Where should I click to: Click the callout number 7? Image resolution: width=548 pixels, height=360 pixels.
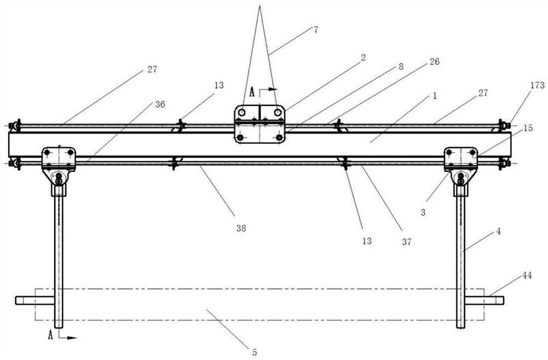316,29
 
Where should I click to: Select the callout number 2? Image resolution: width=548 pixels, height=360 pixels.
363,57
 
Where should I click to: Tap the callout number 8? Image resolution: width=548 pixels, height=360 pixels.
401,66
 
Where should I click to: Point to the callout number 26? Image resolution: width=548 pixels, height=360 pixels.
434,62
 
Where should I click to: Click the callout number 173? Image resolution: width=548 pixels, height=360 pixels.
537,85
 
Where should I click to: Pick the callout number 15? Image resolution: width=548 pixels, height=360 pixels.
527,128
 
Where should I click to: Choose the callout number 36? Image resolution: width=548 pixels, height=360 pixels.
160,104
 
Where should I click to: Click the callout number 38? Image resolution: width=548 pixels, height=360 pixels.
241,228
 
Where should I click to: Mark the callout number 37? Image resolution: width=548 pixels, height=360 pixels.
406,242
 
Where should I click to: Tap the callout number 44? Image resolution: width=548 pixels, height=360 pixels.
527,275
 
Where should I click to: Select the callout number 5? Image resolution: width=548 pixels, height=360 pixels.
254,352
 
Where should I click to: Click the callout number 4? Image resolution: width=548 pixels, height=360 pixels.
499,231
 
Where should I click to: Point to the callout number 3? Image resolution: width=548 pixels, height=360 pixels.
423,212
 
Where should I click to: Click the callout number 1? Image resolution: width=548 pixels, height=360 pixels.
435,96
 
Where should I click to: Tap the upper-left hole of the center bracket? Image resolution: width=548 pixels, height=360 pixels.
242,112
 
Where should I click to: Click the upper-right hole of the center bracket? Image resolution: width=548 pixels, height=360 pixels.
278,112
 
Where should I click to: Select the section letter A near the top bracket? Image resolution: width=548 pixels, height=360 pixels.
252,92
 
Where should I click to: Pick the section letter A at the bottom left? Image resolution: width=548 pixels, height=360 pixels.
51,335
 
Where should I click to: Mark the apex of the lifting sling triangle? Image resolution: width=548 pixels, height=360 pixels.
260,5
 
